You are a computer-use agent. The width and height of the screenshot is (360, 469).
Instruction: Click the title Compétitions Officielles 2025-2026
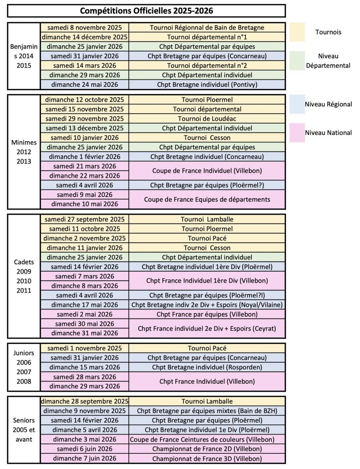click(146, 11)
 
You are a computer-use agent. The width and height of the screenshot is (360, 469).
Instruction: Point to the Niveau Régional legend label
click(328, 104)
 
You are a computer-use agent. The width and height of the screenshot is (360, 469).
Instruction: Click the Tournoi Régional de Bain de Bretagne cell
click(207, 28)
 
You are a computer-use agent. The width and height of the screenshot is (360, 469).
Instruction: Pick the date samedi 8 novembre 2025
click(85, 28)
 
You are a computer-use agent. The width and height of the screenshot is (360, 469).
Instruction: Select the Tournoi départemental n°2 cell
click(207, 66)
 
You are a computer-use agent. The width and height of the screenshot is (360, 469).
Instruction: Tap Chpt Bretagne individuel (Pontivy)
click(207, 84)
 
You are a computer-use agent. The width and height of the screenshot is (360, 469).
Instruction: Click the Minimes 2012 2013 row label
click(24, 152)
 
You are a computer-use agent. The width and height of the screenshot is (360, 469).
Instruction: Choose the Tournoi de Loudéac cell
click(207, 119)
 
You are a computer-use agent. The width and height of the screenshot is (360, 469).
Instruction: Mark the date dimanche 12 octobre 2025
click(85, 100)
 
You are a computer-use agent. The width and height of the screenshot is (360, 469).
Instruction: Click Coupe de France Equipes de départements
click(207, 199)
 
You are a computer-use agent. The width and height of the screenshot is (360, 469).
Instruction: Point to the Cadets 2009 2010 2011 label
click(24, 276)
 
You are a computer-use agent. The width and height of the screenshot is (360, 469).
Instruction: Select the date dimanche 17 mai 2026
click(85, 305)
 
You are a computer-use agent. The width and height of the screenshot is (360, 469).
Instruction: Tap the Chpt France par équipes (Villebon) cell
click(207, 314)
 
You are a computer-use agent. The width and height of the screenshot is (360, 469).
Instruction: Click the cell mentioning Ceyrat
click(207, 329)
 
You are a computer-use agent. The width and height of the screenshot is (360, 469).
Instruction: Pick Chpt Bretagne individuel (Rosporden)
click(207, 367)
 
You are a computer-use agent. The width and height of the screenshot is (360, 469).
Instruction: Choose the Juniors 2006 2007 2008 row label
click(24, 367)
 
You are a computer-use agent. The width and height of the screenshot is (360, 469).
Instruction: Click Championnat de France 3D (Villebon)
click(207, 459)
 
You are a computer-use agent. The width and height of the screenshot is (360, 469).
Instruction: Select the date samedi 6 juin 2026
click(85, 449)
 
